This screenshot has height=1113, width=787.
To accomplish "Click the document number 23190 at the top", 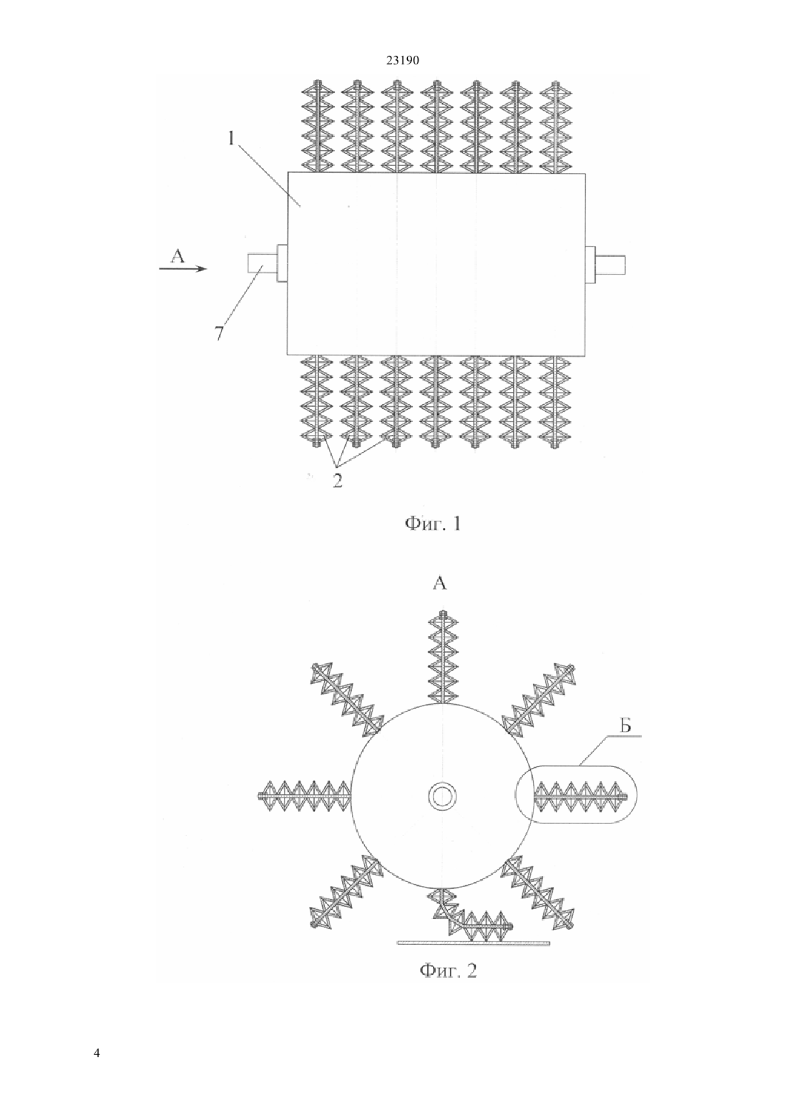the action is coord(402,61).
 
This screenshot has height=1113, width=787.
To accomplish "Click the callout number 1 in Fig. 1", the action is coord(231,139).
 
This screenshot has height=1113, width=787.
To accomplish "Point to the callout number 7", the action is coord(220,332).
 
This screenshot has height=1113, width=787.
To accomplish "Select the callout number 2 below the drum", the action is coord(338,481).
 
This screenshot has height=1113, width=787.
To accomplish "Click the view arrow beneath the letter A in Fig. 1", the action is coord(182,269).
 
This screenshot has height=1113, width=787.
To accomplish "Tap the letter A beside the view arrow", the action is coord(177,255).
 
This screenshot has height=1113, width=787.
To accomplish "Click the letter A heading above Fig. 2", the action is coord(440,583).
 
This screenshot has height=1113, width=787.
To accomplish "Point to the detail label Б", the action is coord(625,727).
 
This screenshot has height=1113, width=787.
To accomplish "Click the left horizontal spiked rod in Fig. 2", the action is coord(305,797).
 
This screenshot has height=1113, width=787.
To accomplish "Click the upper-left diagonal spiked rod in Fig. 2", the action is coord(347,699).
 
